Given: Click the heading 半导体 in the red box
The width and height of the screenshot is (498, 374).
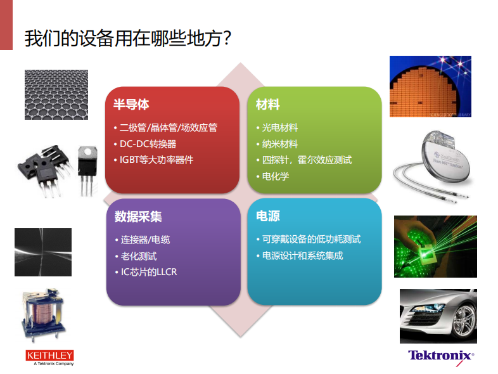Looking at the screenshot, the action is point(131,104).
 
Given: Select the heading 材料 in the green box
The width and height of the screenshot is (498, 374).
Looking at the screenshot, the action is point(268,104).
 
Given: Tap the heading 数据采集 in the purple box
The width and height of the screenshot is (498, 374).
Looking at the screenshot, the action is point(138,216).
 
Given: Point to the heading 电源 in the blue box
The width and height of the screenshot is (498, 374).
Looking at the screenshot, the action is point(268,216).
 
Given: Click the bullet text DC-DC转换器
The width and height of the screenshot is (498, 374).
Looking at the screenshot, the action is point(148,144).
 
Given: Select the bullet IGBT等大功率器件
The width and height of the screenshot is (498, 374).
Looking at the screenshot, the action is point(156,160).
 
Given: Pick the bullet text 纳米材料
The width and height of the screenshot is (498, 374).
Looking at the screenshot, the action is point(280,144).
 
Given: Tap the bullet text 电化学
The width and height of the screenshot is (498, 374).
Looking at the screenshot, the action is point(276,176).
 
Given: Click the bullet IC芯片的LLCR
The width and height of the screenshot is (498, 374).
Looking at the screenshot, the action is point(149,272).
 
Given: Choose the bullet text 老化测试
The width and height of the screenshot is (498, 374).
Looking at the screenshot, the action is point(139,256).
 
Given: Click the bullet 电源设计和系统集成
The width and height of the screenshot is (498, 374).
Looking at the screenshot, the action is point(302,255).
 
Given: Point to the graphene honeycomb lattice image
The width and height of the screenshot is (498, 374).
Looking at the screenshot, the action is point(56,94).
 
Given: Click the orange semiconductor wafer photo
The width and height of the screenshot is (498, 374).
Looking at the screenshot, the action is point(430,86).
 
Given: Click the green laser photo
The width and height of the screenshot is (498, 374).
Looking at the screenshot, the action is point(435,247).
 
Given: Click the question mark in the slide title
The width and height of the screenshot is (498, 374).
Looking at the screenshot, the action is point(227,38).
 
